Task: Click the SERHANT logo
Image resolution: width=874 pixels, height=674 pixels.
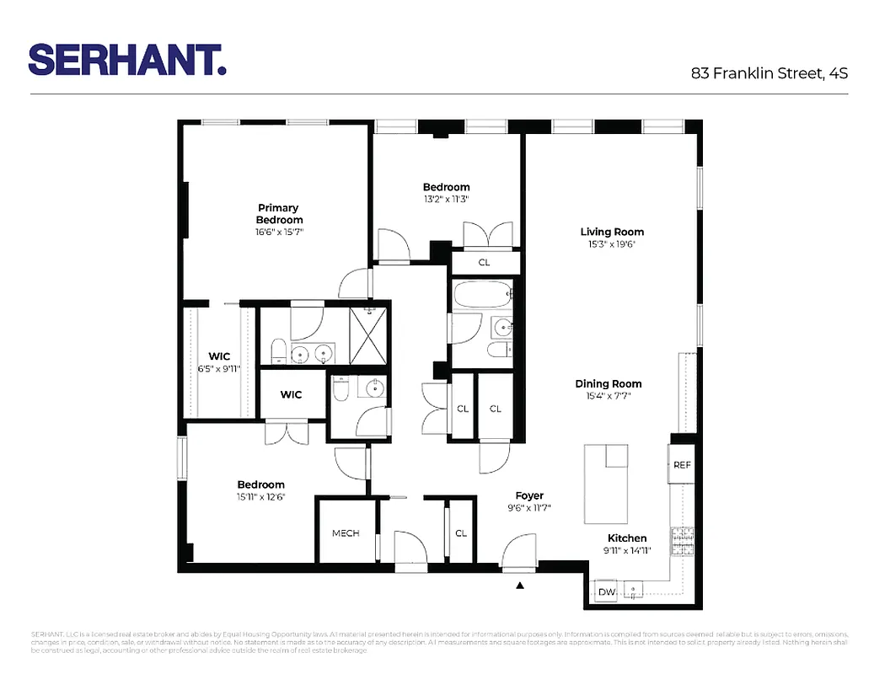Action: pyautogui.click(x=127, y=60)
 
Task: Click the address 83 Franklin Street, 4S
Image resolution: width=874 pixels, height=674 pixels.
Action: pyautogui.click(x=769, y=73)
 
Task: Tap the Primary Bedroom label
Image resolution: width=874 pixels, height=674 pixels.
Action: pyautogui.click(x=278, y=213)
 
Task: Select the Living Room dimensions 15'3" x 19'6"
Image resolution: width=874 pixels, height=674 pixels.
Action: pyautogui.click(x=612, y=244)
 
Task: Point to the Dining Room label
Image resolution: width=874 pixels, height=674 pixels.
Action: pyautogui.click(x=609, y=383)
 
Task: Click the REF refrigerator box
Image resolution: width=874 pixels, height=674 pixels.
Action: pyautogui.click(x=681, y=465)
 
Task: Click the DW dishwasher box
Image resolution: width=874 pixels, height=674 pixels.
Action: pyautogui.click(x=606, y=592)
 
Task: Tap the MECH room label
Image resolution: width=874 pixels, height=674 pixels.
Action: pyautogui.click(x=346, y=533)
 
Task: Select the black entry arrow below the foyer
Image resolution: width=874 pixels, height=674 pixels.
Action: pyautogui.click(x=520, y=585)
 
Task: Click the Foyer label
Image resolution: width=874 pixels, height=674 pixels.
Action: pyautogui.click(x=529, y=495)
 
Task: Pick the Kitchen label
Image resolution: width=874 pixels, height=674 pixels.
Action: pyautogui.click(x=627, y=538)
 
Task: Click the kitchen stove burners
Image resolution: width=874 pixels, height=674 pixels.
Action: pyautogui.click(x=680, y=538)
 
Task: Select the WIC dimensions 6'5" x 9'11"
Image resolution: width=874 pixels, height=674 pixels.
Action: pyautogui.click(x=219, y=368)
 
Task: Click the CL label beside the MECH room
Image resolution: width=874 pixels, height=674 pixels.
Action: pyautogui.click(x=461, y=533)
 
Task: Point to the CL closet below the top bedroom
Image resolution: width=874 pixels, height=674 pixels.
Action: pyautogui.click(x=484, y=262)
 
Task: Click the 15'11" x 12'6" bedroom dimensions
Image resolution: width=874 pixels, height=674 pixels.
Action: pyautogui.click(x=260, y=497)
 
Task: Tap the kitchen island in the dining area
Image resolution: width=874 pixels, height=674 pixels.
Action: pyautogui.click(x=606, y=484)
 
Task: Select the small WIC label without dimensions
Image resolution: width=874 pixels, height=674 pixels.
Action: pyautogui.click(x=291, y=394)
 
